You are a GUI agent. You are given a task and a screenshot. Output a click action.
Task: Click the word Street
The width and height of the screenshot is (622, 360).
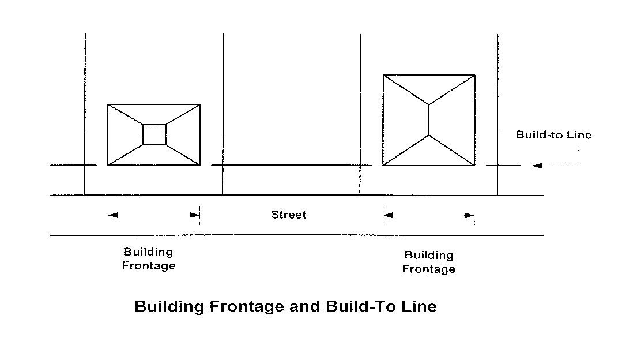tap(289, 215)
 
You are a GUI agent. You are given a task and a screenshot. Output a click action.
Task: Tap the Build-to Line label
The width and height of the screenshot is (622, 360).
tap(553, 135)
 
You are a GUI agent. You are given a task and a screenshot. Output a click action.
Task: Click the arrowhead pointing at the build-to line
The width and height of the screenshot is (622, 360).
tap(537, 166)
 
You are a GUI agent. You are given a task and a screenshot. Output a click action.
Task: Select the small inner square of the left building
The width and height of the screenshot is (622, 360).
tap(154, 134)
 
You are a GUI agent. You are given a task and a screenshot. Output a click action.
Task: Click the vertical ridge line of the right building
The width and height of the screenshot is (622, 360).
tap(429, 119)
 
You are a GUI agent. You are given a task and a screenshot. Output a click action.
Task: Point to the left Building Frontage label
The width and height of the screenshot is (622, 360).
tap(148, 259)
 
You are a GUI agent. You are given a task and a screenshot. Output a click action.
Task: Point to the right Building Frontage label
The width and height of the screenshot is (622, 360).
tap(428, 262)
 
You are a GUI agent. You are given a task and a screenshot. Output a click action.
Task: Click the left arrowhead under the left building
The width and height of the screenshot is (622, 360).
tap(113, 215)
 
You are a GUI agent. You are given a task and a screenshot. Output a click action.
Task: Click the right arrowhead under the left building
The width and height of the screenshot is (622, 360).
tap(194, 215)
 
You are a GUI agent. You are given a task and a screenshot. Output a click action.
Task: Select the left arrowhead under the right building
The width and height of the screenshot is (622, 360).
tap(388, 216)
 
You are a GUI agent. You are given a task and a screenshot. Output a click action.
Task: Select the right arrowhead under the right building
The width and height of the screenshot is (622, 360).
tap(470, 216)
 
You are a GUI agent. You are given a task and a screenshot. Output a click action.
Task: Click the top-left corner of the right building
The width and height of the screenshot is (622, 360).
tap(384, 75)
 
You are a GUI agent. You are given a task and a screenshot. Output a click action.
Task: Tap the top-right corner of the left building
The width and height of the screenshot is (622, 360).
tap(200, 104)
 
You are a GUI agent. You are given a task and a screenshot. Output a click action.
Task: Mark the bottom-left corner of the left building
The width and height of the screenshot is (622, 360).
tap(108, 166)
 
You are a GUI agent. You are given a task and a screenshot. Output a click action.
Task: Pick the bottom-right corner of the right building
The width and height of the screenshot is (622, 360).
tap(475, 166)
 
